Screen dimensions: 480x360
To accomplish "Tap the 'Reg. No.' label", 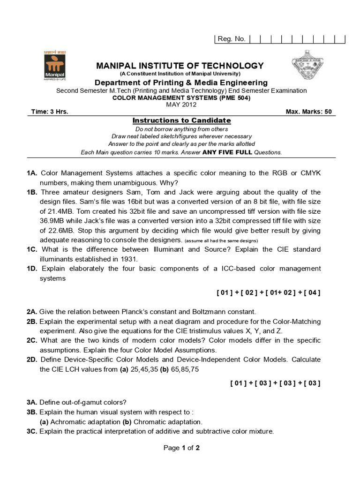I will click(x=232, y=39).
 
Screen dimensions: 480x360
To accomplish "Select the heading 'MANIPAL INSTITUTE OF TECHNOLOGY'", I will click(x=180, y=66).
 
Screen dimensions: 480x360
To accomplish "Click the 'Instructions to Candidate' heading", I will click(x=181, y=120).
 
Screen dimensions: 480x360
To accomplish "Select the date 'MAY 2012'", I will click(x=180, y=105).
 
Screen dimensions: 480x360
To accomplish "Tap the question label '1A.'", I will click(x=32, y=173).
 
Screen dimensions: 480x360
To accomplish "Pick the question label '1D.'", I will click(x=32, y=269).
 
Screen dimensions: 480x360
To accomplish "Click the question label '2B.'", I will click(x=32, y=322).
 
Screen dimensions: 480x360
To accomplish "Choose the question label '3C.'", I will click(x=32, y=431).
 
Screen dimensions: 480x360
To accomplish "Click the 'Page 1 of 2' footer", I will click(x=181, y=448).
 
